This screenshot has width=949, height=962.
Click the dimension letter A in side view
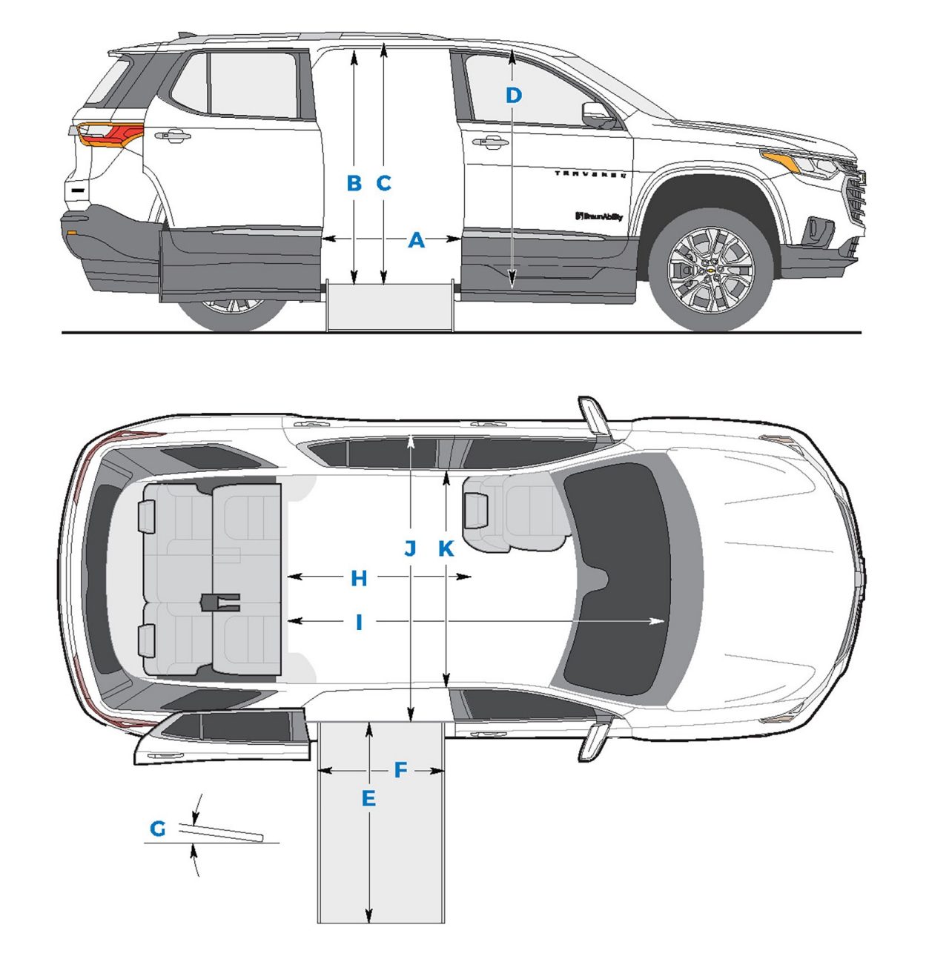click(417, 240)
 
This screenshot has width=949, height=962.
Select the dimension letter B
click(354, 183)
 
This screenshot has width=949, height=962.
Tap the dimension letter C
click(383, 183)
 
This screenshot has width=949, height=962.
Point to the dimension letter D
click(514, 96)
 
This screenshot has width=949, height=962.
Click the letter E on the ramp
click(368, 799)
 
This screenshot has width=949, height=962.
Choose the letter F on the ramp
click(400, 771)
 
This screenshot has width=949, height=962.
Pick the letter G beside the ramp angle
click(158, 829)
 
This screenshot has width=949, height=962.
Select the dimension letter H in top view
click(359, 579)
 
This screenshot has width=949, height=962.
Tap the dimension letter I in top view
click(359, 623)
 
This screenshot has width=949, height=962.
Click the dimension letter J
click(410, 548)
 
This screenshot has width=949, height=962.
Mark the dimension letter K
click(446, 548)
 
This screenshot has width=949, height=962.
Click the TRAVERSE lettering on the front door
click(591, 174)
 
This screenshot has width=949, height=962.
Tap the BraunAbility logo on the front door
click(598, 216)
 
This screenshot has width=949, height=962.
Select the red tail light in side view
click(110, 134)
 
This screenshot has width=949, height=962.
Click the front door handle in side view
click(490, 142)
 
